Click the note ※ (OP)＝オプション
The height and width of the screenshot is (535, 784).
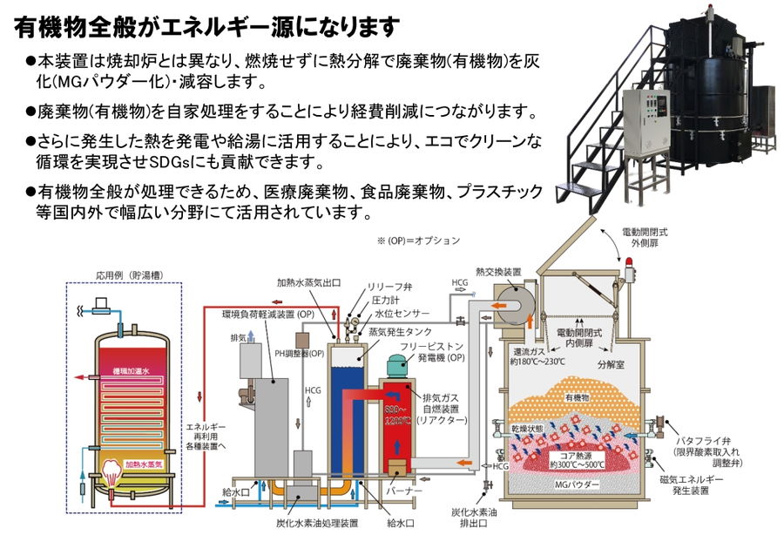pos(419,240)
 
